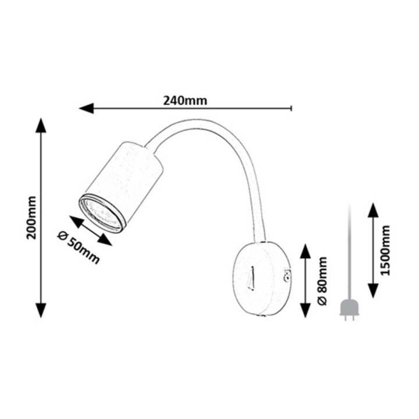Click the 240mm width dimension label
tap(185, 101)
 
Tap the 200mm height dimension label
tap(32, 218)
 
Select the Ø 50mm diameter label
tap(79, 247)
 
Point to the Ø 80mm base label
tap(322, 281)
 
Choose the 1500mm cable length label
tap(385, 250)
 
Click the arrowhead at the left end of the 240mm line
tap(87, 108)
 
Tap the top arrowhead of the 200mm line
tap(41, 125)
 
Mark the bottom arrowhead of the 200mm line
tap(41, 311)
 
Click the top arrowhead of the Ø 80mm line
tap(305, 251)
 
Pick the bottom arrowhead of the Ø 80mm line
tap(305, 311)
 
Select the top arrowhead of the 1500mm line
tap(373, 210)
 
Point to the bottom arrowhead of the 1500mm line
tap(373, 291)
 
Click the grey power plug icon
tap(350, 310)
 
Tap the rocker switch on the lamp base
tap(251, 278)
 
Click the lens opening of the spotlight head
tap(102, 213)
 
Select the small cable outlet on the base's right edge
tap(287, 276)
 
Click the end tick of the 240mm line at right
tap(292, 108)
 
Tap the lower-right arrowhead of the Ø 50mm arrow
tap(104, 239)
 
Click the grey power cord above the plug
tap(350, 252)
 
